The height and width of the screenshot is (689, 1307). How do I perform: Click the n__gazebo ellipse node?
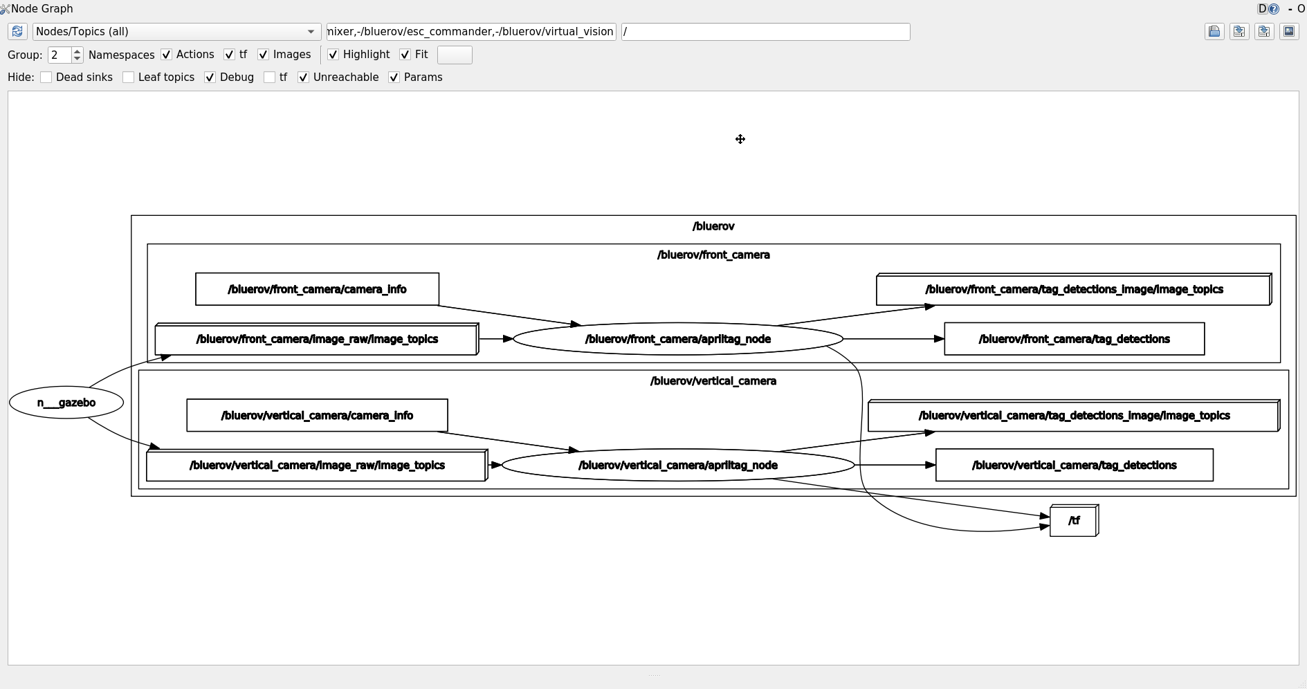click(66, 403)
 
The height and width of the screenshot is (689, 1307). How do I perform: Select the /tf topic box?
click(1073, 521)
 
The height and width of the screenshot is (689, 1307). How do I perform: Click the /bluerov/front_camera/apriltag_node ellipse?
click(677, 339)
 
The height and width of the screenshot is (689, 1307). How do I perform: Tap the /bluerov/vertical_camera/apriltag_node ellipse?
click(677, 466)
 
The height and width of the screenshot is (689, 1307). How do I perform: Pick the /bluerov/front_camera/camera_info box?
click(317, 289)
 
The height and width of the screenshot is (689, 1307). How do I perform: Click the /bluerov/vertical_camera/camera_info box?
click(317, 416)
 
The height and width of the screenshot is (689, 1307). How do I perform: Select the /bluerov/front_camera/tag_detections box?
click(1074, 339)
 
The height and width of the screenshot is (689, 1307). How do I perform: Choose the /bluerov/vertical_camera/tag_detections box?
click(1074, 466)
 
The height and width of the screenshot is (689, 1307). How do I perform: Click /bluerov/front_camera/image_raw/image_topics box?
click(316, 340)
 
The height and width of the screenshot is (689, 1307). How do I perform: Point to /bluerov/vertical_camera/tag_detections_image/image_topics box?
click(1073, 416)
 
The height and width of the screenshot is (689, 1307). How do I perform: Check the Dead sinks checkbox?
click(46, 77)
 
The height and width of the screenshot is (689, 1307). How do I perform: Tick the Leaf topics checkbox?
click(129, 77)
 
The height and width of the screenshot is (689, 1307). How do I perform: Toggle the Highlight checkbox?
click(333, 55)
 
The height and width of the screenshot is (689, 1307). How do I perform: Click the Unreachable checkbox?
click(303, 77)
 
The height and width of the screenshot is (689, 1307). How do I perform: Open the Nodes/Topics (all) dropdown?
click(176, 32)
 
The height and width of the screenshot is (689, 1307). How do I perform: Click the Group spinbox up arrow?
click(77, 51)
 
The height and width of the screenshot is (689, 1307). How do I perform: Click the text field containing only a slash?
click(765, 32)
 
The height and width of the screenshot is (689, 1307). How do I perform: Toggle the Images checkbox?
click(263, 55)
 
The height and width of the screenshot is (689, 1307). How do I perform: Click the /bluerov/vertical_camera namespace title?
click(713, 381)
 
